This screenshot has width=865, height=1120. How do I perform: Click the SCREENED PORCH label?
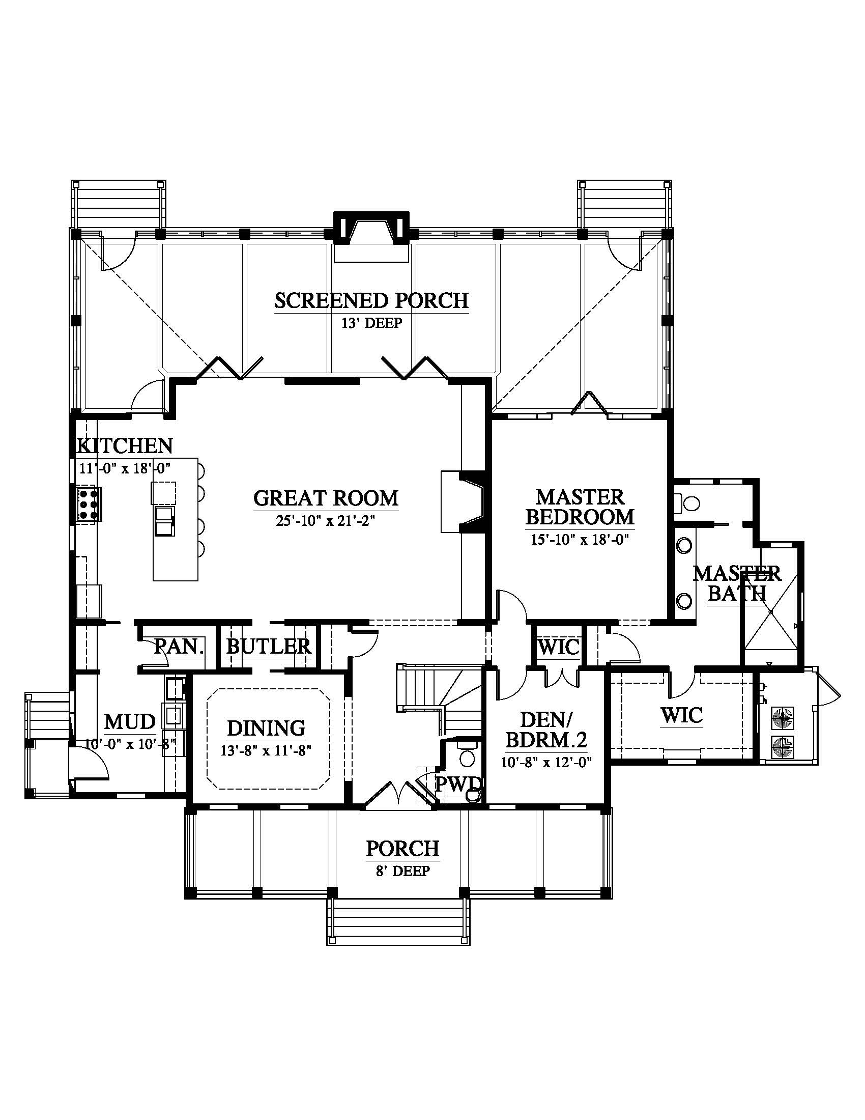coord(371,300)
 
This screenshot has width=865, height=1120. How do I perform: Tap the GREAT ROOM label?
coord(326,498)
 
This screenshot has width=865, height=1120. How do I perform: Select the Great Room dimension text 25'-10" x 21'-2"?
coord(326,521)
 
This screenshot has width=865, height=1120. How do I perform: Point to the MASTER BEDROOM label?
coord(580,507)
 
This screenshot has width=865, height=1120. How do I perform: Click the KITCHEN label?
coord(125,445)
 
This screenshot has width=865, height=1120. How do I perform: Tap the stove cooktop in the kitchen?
coord(89,504)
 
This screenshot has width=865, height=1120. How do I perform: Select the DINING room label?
coord(266,728)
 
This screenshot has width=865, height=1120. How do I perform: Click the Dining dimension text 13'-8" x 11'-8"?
coord(267,751)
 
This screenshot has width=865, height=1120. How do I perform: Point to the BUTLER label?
coord(269,647)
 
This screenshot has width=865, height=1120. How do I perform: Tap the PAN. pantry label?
coord(179,647)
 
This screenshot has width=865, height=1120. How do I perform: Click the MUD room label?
coord(130,721)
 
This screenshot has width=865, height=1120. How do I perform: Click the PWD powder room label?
coord(458,783)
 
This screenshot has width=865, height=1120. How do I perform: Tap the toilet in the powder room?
coord(467,754)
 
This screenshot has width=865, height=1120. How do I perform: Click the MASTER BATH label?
coord(737,583)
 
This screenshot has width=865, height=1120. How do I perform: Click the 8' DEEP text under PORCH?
coord(403,871)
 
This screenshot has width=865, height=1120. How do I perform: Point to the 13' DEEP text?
coord(371,323)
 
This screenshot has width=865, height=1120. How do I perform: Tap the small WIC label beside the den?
coord(559,647)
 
